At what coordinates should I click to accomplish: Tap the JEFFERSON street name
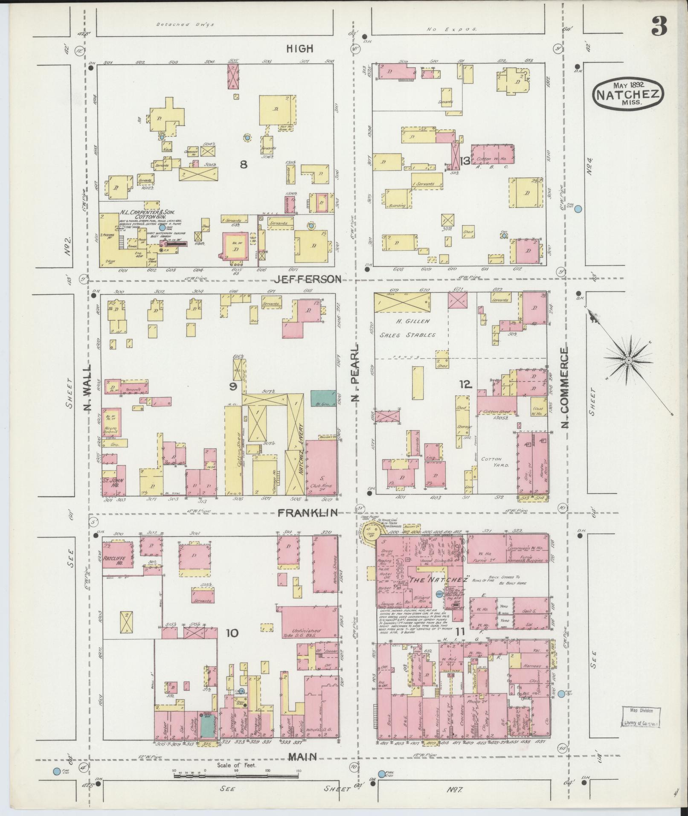[308, 279]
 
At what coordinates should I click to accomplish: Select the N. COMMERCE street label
[565, 382]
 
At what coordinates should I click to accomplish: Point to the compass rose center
[628, 361]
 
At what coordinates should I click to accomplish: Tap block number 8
[243, 164]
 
